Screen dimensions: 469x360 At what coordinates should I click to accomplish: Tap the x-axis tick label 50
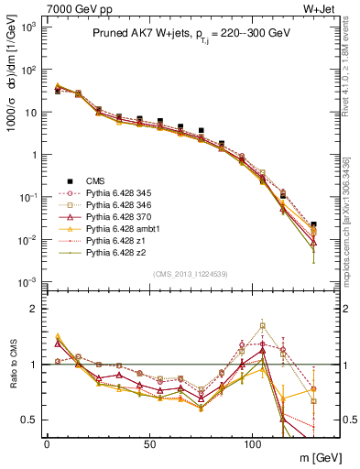[x=149, y=444]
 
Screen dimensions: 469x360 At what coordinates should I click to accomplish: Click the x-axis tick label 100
[x=252, y=444]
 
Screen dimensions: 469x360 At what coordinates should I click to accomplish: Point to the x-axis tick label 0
[x=47, y=444]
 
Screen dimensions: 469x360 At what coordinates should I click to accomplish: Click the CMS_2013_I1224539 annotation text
[x=190, y=273]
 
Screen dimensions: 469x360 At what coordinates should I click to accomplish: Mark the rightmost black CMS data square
[x=313, y=224]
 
